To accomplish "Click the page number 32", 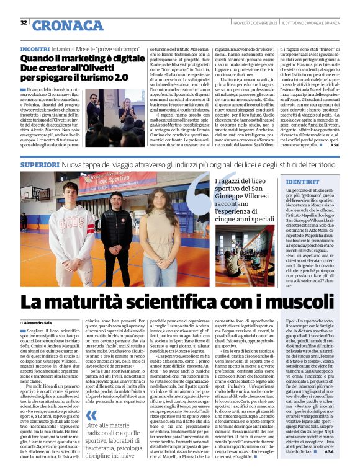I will point(24,23).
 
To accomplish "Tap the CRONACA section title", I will point(60,24).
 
